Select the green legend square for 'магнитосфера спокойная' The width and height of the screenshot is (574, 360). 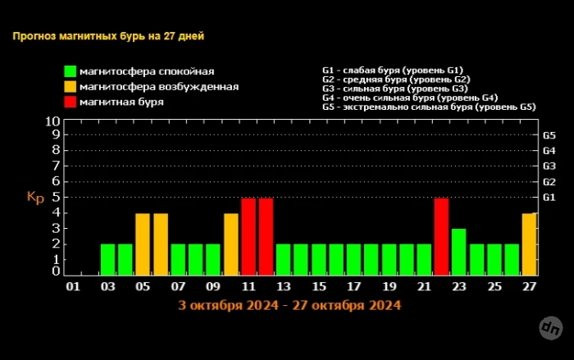pos(71,71)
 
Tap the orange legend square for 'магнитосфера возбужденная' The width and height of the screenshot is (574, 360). pos(71,87)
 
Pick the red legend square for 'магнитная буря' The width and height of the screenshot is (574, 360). pos(71,103)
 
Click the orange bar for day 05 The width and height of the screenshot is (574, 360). pos(143,244)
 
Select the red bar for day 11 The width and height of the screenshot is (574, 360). pos(248,237)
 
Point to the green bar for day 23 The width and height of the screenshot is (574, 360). pos(459,253)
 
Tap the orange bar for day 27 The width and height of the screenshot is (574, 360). pos(530,244)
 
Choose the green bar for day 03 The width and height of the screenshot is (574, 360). pos(107,260)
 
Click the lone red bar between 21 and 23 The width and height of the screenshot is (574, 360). pos(441,237)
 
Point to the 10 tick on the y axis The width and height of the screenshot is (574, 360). pos(52,121)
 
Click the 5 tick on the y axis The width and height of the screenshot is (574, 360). pos(56,197)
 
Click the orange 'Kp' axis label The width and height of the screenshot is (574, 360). pos(35,198)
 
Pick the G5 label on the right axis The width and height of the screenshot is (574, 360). pos(549,135)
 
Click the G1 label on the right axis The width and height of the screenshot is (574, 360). pos(549,198)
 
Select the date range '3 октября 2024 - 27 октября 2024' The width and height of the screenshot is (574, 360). pos(289,305)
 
